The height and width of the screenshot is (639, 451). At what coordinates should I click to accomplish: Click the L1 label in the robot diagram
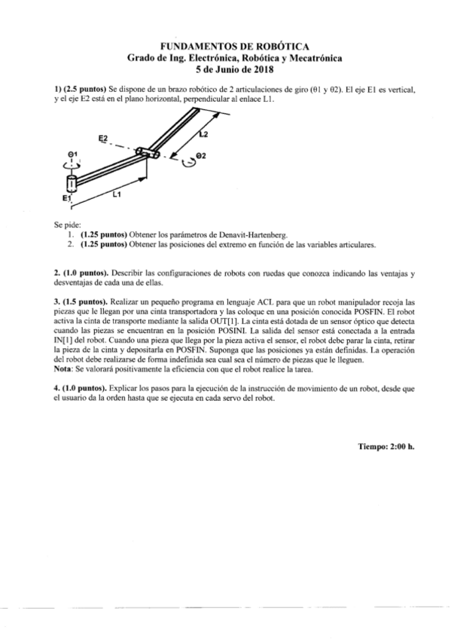116,194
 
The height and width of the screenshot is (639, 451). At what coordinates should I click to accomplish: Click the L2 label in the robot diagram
203,135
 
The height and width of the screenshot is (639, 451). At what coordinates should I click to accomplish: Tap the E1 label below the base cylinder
66,198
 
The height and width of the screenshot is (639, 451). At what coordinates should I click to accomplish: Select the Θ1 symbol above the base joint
70,154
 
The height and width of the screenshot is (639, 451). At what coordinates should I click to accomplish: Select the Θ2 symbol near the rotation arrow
200,156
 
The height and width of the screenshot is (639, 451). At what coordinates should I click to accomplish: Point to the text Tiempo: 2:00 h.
385,446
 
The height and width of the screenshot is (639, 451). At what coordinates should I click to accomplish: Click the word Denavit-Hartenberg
245,234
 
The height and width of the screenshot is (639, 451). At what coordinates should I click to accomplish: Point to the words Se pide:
68,225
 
